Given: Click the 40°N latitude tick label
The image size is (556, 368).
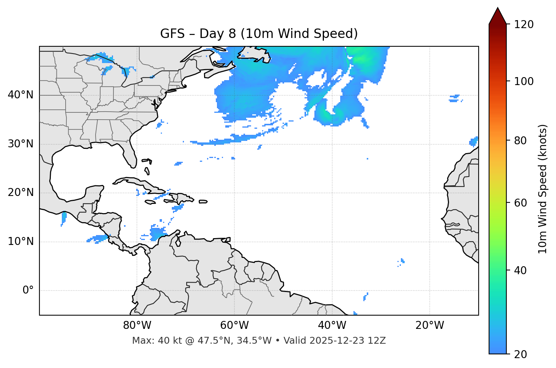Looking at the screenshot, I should [x=20, y=95].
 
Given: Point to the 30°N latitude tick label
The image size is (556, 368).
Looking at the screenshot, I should [x=20, y=144].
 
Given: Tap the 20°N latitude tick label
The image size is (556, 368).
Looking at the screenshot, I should [x=20, y=193].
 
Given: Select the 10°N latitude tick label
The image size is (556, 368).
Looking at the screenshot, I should [x=20, y=242].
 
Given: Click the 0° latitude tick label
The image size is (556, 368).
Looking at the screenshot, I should [x=28, y=291].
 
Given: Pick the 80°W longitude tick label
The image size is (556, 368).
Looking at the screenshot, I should [x=137, y=325].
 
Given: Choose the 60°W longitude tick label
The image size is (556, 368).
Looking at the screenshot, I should [x=234, y=325].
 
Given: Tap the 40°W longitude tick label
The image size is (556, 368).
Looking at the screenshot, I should [x=332, y=325].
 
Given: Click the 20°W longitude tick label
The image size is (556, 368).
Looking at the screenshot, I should [x=430, y=325].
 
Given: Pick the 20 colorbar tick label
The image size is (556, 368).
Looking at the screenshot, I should [x=520, y=354].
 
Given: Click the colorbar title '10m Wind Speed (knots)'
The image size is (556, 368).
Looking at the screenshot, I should [x=543, y=189].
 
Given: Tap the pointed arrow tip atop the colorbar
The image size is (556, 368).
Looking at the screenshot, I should [x=498, y=9].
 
